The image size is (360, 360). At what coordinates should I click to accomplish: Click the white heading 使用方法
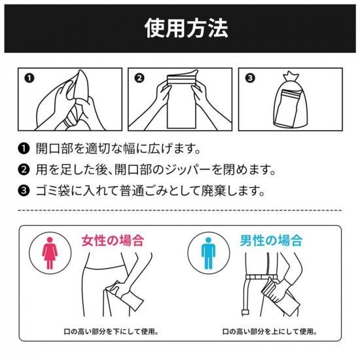(x=187, y=28)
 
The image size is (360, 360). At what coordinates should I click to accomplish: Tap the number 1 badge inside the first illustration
(x=29, y=79)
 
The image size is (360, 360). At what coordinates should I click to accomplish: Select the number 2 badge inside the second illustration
(x=139, y=79)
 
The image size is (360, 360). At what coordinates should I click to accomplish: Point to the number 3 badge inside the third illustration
(x=250, y=79)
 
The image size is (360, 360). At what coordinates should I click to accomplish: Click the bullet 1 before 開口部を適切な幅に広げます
(x=24, y=149)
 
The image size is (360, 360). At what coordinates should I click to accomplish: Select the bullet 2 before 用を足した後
(x=24, y=170)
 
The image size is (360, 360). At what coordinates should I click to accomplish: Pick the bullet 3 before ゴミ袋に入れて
(x=24, y=190)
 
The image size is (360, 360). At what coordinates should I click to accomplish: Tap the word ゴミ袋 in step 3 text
(x=53, y=190)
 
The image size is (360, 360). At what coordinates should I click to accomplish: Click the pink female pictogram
(x=50, y=253)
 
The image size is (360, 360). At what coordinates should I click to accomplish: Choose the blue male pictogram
(x=208, y=253)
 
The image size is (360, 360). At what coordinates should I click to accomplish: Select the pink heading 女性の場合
(x=113, y=241)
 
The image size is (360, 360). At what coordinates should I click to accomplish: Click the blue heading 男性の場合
(x=271, y=241)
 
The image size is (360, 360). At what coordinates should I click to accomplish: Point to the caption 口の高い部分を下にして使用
(x=111, y=332)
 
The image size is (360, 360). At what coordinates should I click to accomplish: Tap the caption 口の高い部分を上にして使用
(x=270, y=332)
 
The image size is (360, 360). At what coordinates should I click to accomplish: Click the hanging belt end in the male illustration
(x=245, y=312)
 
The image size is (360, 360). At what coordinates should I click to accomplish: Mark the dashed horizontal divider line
(x=180, y=210)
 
